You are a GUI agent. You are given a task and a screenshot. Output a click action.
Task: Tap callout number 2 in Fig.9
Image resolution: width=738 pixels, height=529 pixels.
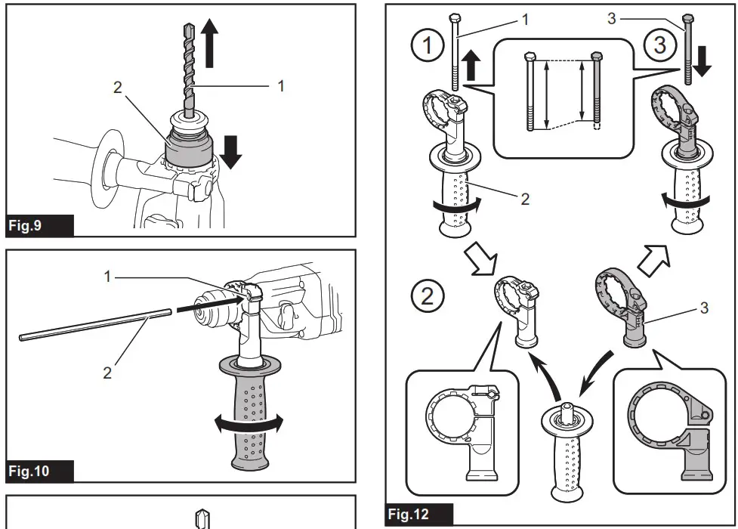[x=117, y=87]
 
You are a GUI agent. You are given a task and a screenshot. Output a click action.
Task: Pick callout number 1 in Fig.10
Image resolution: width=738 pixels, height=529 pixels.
[x=107, y=277]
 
